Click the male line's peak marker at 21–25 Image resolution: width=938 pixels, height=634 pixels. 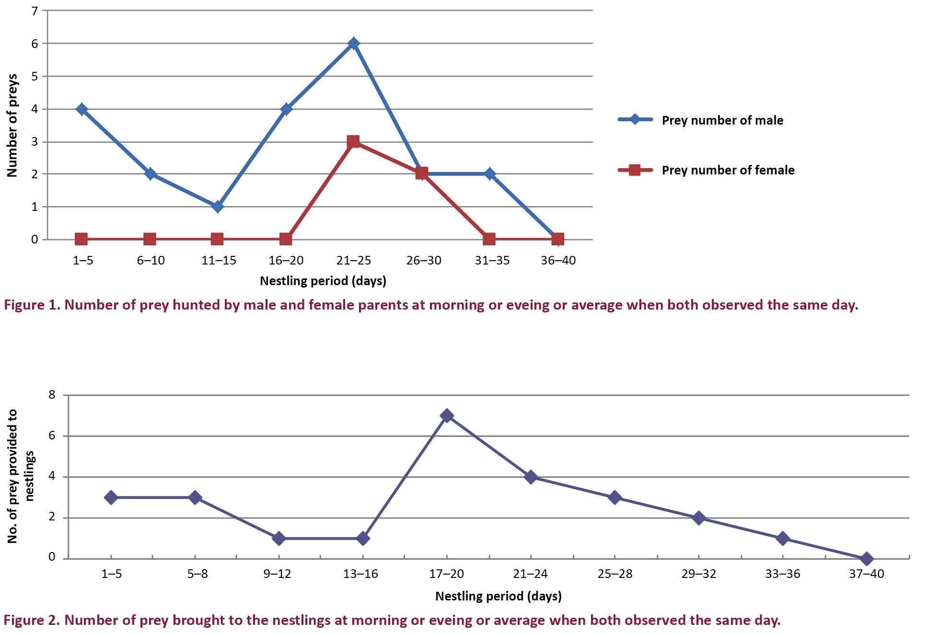(x=354, y=44)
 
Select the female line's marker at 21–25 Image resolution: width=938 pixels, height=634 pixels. (x=353, y=142)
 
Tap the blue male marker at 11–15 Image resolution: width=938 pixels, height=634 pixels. (x=218, y=207)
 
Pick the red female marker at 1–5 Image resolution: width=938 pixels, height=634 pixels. (x=81, y=239)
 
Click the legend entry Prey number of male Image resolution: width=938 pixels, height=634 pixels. (x=722, y=120)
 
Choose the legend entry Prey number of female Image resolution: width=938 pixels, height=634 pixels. (x=728, y=170)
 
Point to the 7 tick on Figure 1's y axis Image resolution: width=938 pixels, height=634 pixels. (x=35, y=11)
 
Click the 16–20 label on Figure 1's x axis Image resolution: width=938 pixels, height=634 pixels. (x=286, y=260)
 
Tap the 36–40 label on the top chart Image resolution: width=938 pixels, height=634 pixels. (x=558, y=260)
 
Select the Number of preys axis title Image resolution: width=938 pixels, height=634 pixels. (x=12, y=126)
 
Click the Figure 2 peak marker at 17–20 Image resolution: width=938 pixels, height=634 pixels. (x=447, y=415)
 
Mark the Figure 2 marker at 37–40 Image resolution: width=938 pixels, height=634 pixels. (x=866, y=559)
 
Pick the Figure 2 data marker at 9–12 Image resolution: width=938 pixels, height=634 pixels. (x=278, y=538)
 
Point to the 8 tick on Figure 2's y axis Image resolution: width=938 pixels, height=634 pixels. (x=52, y=395)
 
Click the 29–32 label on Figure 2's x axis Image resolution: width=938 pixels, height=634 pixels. (x=698, y=574)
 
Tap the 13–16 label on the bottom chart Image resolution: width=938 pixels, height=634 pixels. (x=360, y=574)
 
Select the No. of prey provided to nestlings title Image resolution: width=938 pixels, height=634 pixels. (x=20, y=476)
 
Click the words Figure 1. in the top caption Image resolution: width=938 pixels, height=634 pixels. (x=32, y=305)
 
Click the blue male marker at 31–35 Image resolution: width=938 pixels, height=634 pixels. (x=489, y=174)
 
